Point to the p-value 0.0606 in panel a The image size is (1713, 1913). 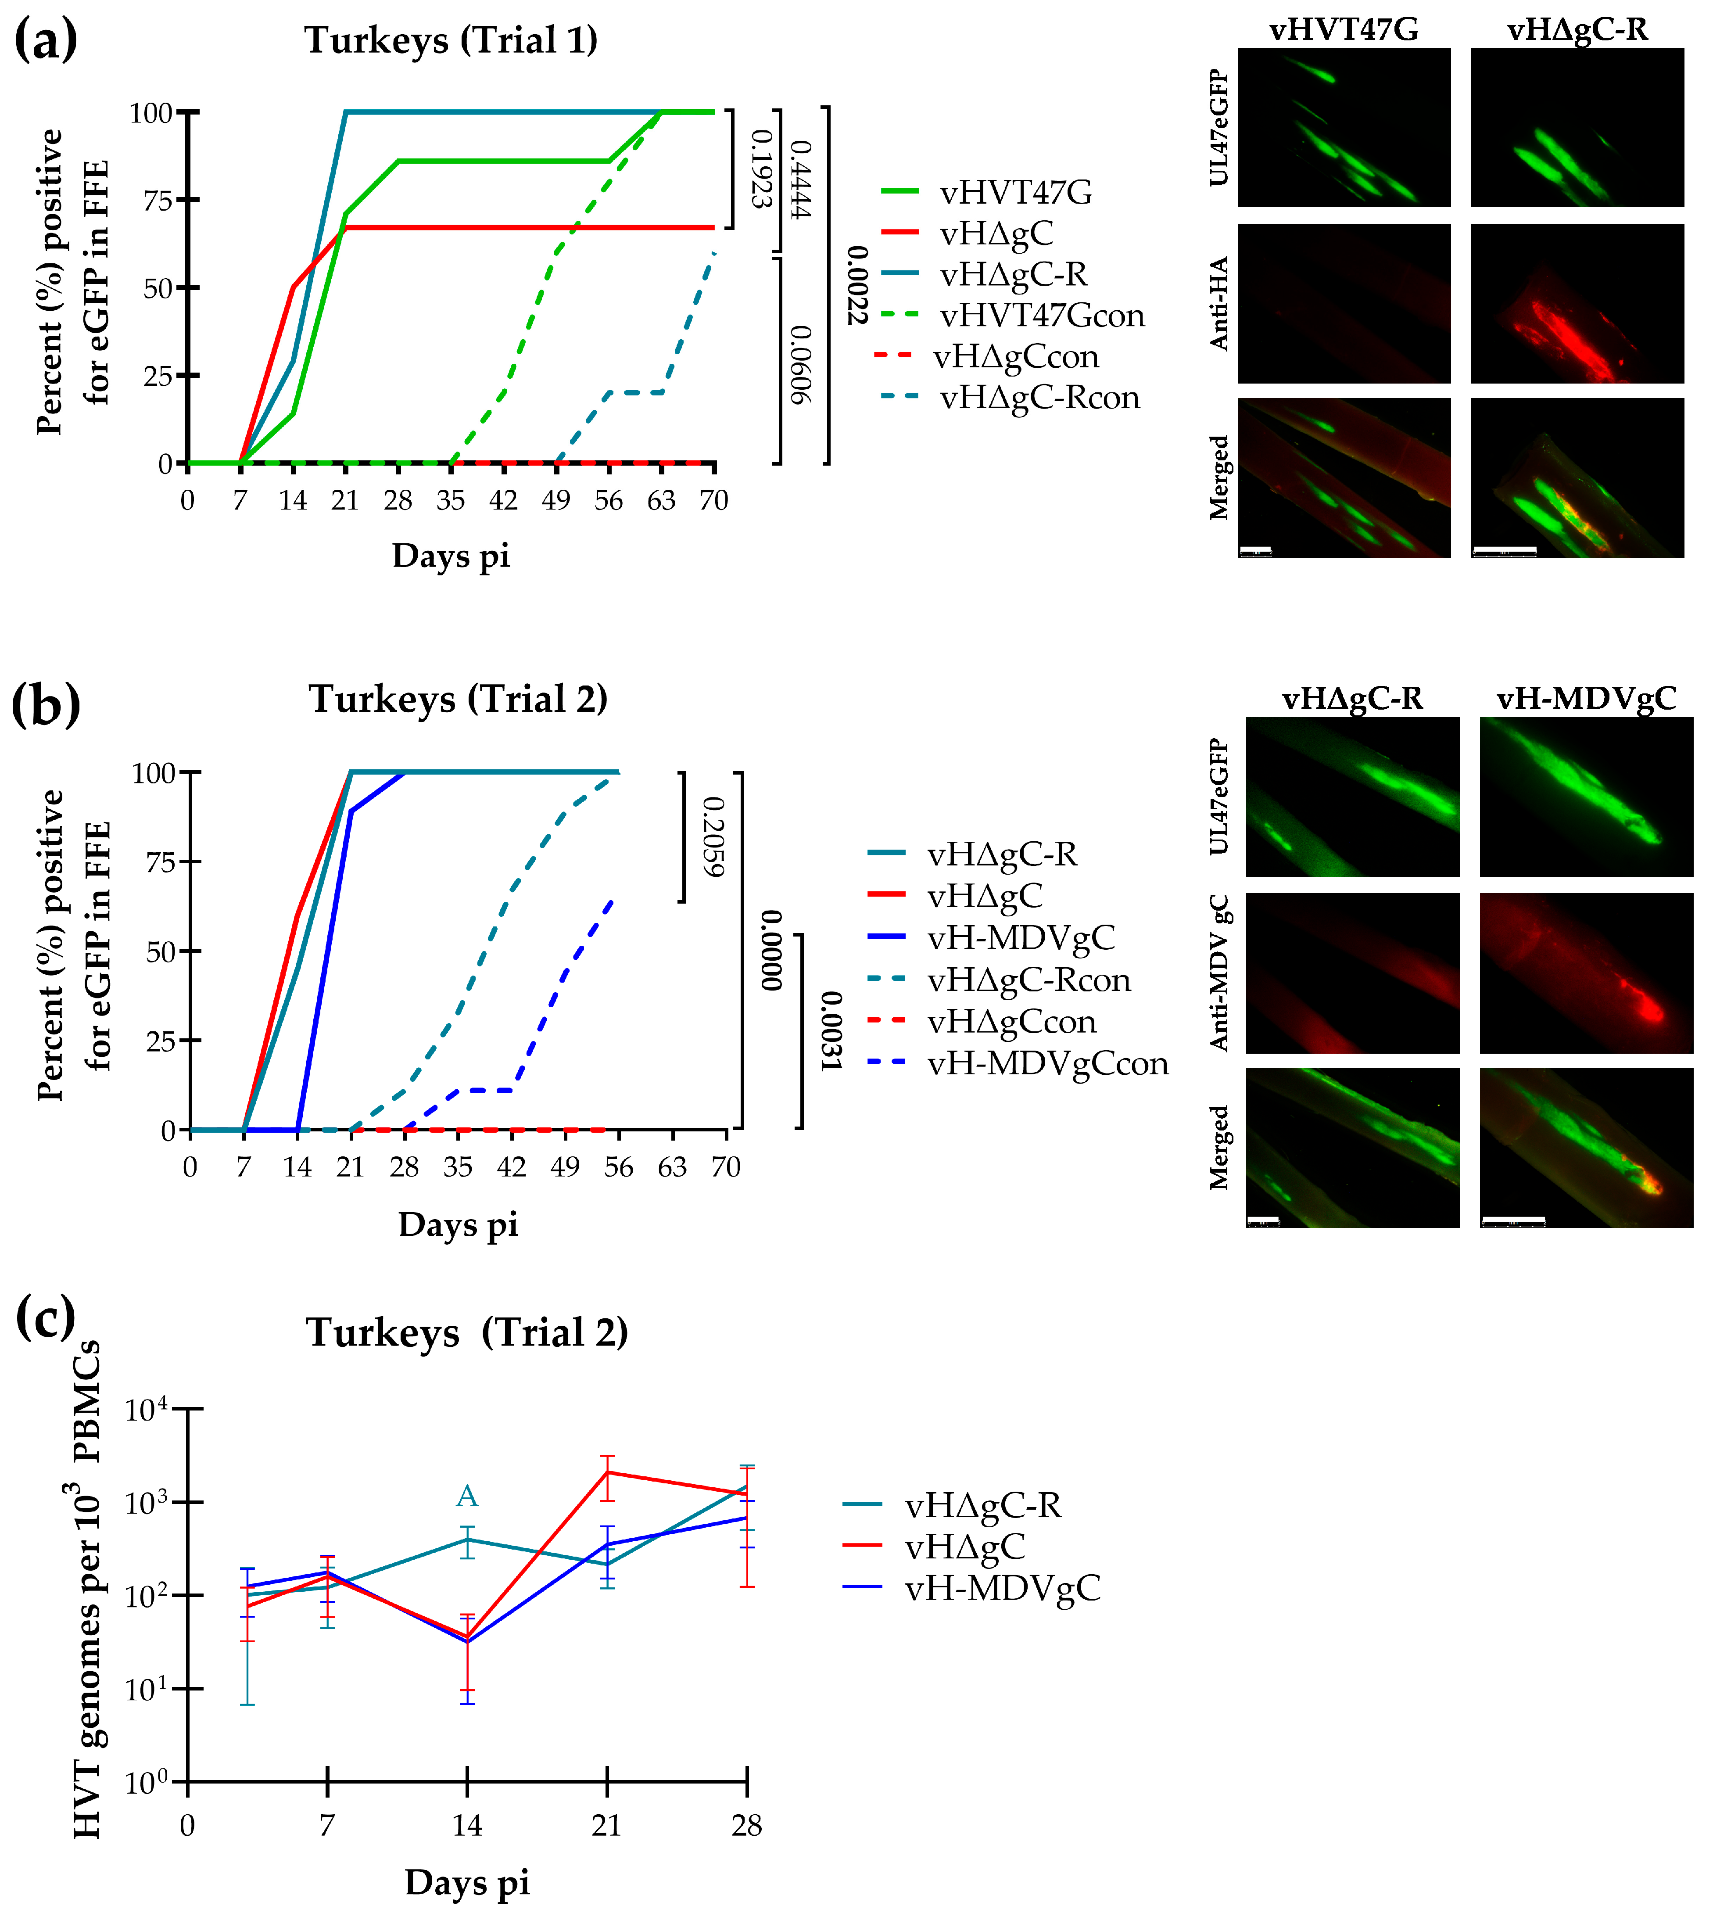799,365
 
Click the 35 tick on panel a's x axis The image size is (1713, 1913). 451,501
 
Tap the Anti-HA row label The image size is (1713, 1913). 1219,303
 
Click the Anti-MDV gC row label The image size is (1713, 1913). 1219,973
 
